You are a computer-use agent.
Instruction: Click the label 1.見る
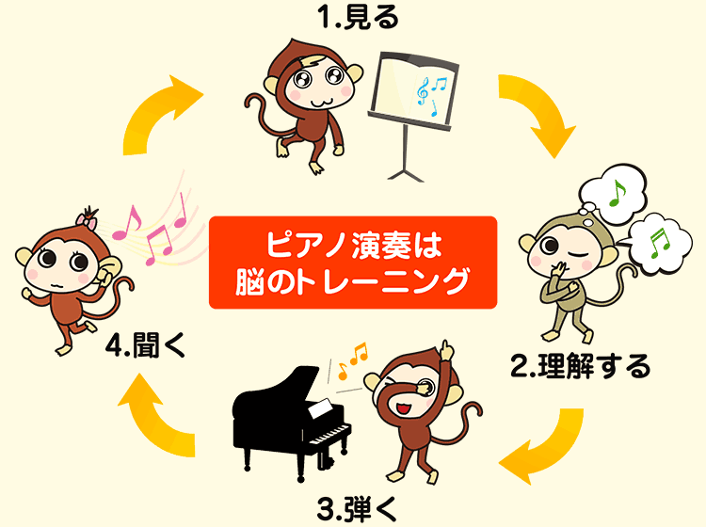359,18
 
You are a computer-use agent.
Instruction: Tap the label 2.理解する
581,366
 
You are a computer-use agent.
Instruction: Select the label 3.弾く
357,509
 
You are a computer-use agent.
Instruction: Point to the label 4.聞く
145,345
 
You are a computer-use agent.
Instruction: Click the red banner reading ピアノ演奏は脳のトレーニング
353,263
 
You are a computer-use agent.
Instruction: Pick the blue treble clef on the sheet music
423,91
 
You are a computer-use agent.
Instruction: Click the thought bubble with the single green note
613,194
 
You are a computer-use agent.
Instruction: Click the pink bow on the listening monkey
87,220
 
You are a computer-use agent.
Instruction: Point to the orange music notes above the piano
353,360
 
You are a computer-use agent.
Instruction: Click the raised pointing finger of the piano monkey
446,349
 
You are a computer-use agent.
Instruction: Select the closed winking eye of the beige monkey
581,252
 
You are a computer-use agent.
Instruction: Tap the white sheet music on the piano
321,408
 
